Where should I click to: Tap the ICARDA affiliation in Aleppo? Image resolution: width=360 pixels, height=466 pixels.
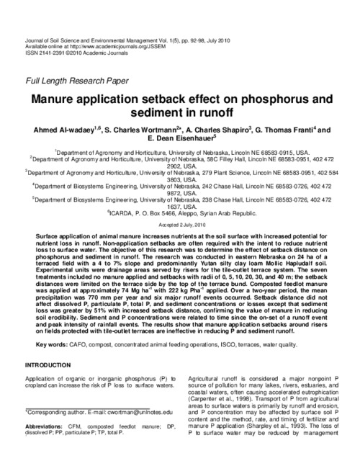(180, 213)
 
